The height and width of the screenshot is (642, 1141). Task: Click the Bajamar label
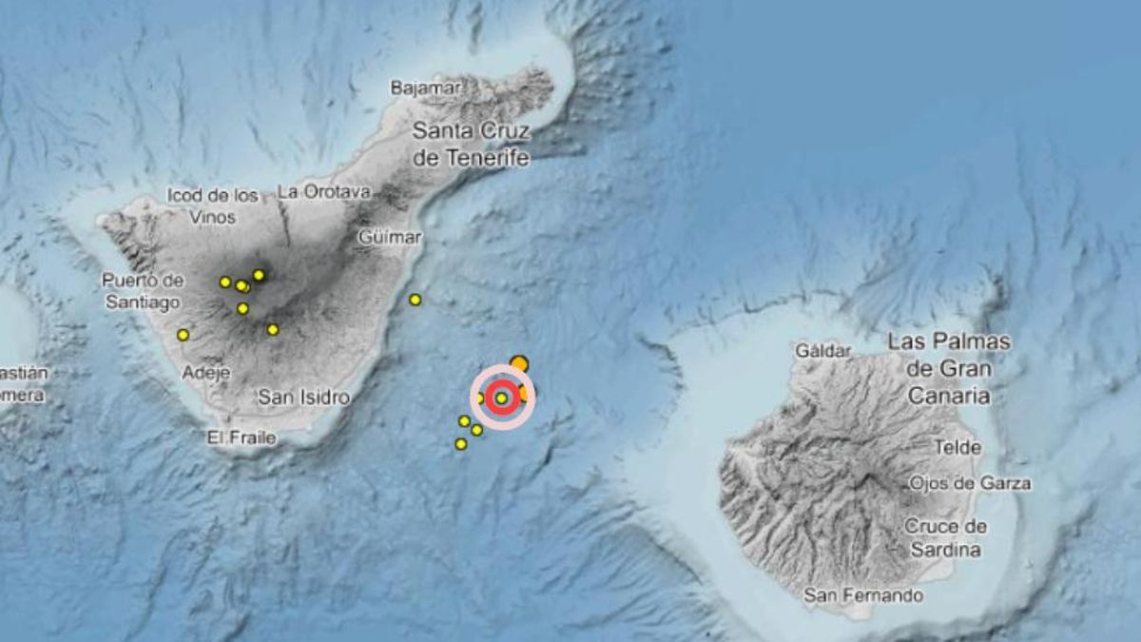pyautogui.click(x=426, y=88)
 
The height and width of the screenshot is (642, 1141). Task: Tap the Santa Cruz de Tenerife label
pyautogui.click(x=472, y=145)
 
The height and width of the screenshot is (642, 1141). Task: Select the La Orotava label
pyautogui.click(x=323, y=191)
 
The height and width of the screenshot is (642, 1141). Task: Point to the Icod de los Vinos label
pyautogui.click(x=212, y=206)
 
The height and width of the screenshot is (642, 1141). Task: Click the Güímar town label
pyautogui.click(x=390, y=237)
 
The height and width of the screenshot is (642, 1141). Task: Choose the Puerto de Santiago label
pyautogui.click(x=143, y=291)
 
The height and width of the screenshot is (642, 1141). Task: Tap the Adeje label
pyautogui.click(x=205, y=372)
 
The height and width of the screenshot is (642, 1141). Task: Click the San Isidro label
pyautogui.click(x=303, y=398)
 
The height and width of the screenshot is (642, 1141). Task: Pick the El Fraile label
pyautogui.click(x=242, y=438)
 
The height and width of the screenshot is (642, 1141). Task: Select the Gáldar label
pyautogui.click(x=823, y=351)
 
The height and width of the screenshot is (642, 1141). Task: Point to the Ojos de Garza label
pyautogui.click(x=970, y=483)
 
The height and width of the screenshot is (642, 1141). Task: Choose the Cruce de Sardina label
pyautogui.click(x=945, y=537)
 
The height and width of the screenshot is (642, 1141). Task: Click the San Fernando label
pyautogui.click(x=863, y=595)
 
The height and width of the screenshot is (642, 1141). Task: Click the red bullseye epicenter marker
pyautogui.click(x=502, y=398)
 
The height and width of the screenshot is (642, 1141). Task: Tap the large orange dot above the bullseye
pyautogui.click(x=519, y=363)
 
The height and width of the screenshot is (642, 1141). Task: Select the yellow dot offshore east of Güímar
pyautogui.click(x=416, y=300)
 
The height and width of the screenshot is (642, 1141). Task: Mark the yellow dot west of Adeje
pyautogui.click(x=183, y=335)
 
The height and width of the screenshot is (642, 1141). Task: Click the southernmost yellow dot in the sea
pyautogui.click(x=461, y=444)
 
